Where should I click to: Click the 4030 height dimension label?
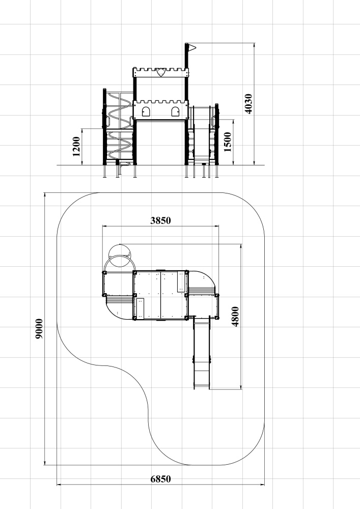coord(248,104)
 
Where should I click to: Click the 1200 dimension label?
coord(76,147)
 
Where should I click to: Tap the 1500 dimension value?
coord(228,142)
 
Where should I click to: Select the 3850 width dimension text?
coord(161,221)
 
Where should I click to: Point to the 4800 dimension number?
coord(235,317)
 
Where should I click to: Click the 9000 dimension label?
coord(39,329)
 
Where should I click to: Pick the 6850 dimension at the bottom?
coord(161,479)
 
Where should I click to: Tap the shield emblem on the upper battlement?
coord(160,72)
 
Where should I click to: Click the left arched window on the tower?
coord(146,111)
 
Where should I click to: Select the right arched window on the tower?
coord(175,111)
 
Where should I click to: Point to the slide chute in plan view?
coord(202,353)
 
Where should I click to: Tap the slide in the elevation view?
coord(202,136)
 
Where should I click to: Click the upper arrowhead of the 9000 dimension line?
coord(45,195)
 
